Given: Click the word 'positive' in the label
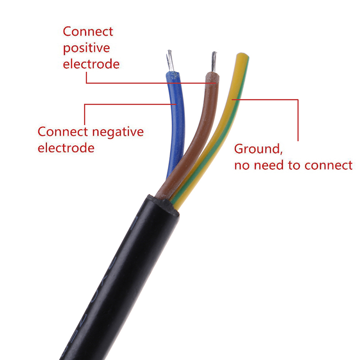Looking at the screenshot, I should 86,48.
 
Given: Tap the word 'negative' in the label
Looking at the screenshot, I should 117,132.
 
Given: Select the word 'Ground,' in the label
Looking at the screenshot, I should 258,148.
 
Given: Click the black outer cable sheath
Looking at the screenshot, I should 117,279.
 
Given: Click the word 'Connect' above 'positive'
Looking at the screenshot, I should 88,32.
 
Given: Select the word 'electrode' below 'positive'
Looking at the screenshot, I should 91,64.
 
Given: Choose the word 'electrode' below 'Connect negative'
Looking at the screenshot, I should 66,148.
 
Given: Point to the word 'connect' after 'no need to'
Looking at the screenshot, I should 328,165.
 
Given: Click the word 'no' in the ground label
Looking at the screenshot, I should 242,165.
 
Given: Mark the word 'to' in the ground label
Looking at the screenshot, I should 295,165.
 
